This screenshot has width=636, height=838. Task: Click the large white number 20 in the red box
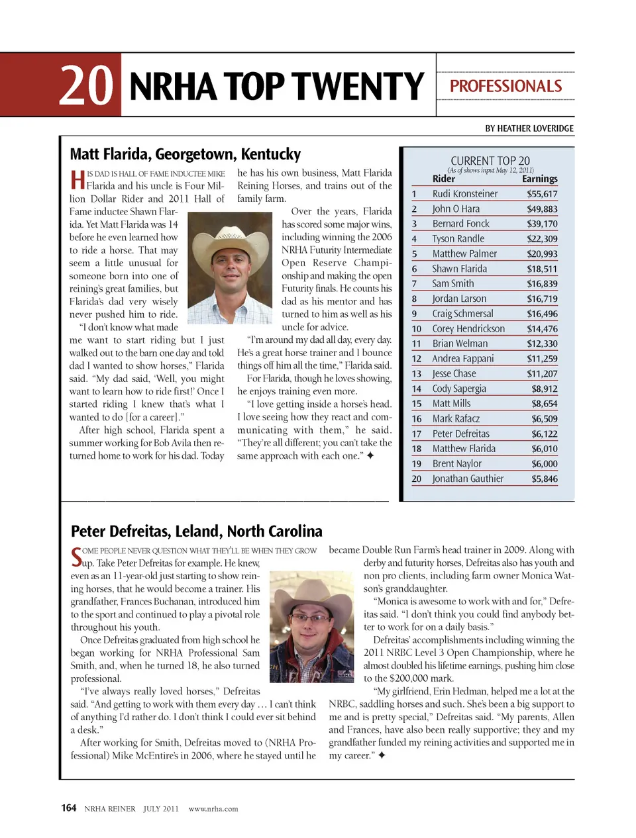click(x=86, y=86)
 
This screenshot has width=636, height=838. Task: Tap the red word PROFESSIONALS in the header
click(x=505, y=86)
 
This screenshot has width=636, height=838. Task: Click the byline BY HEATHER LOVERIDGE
click(x=529, y=128)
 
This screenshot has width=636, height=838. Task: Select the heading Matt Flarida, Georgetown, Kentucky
click(x=185, y=154)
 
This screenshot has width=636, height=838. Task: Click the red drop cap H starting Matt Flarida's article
click(x=77, y=179)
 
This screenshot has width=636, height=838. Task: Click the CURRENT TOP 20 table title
click(x=490, y=160)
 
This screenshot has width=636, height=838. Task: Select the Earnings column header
click(x=539, y=179)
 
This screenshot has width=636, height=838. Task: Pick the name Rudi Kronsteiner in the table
click(x=464, y=194)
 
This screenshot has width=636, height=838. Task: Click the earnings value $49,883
click(x=542, y=209)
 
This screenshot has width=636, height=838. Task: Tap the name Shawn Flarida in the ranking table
click(x=459, y=269)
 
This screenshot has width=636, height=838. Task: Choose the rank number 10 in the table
click(x=417, y=329)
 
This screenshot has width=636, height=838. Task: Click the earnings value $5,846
click(x=544, y=479)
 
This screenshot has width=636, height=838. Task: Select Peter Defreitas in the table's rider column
click(x=460, y=434)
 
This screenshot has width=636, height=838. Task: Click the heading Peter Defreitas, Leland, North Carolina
click(x=196, y=532)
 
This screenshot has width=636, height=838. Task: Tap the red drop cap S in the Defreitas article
click(x=76, y=557)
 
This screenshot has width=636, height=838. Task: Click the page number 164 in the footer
click(x=68, y=808)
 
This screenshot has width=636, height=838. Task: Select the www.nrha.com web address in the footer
click(x=213, y=809)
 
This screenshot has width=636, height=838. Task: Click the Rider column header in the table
click(x=443, y=179)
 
